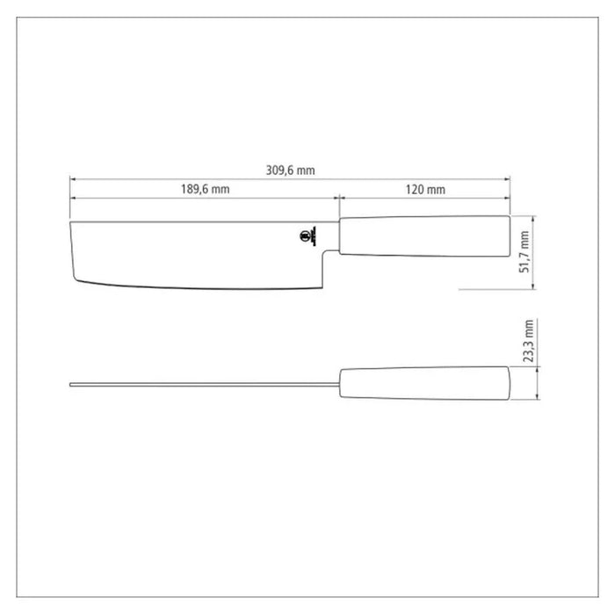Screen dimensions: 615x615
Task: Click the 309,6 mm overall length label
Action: [290, 170]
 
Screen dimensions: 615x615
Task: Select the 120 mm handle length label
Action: [426, 190]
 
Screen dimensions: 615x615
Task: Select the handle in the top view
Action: [423, 383]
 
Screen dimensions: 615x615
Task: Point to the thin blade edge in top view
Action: [202, 383]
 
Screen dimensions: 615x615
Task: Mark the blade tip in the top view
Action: [71, 383]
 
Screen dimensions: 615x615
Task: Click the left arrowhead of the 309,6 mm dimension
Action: [73, 178]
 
